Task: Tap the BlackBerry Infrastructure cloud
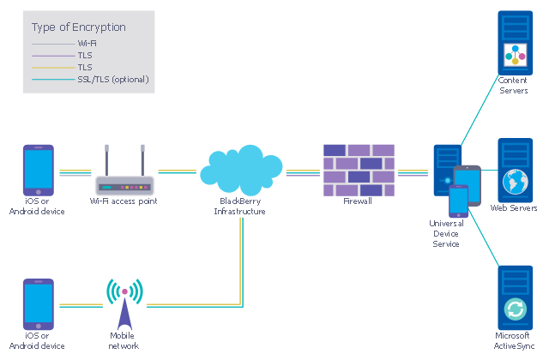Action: coord(241,170)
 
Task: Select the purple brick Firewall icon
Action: coord(359,169)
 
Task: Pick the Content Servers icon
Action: coord(515,42)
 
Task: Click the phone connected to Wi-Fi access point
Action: coord(38,171)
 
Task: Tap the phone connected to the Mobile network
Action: coord(38,303)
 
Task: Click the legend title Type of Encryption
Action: coord(78,27)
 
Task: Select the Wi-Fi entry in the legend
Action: coord(87,43)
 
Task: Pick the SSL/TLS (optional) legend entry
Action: coord(113,79)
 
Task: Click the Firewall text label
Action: coord(358,201)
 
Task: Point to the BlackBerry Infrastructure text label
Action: coord(240,206)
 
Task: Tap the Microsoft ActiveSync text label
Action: coord(514,340)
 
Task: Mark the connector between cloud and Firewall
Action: coord(303,171)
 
